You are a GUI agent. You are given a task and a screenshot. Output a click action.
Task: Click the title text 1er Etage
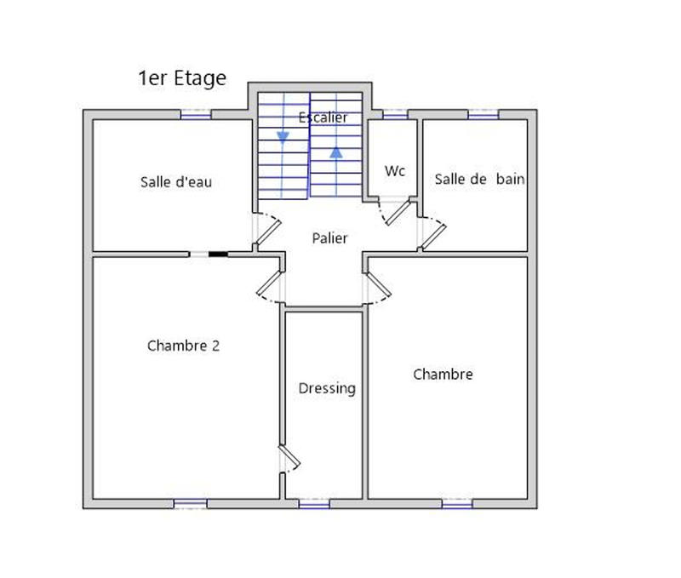click(x=182, y=78)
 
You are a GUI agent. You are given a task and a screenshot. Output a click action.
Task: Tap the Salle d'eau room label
click(x=176, y=181)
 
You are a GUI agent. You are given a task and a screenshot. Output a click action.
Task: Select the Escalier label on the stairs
click(x=323, y=117)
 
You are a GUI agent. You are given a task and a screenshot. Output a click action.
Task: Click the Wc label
click(x=394, y=171)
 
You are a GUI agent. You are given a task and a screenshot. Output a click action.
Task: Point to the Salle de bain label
click(x=479, y=179)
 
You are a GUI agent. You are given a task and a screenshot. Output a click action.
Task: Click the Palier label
click(x=329, y=238)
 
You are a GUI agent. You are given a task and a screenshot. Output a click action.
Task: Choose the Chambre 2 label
click(x=184, y=346)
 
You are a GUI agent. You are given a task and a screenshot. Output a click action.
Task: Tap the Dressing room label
click(x=327, y=388)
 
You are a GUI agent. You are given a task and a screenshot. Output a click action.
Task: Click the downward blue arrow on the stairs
click(x=282, y=137)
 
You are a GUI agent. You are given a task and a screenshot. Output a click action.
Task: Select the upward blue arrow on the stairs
click(x=336, y=152)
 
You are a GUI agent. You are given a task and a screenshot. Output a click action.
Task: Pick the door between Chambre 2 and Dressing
click(x=289, y=458)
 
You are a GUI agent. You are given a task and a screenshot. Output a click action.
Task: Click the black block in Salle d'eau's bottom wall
click(x=219, y=253)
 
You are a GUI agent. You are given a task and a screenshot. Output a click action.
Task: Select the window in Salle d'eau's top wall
click(x=196, y=114)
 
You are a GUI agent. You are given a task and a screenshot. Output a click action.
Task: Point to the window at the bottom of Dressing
click(x=314, y=504)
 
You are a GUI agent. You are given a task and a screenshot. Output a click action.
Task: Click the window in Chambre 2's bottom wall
click(x=191, y=504)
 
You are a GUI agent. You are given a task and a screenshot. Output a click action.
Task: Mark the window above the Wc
click(x=394, y=114)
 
